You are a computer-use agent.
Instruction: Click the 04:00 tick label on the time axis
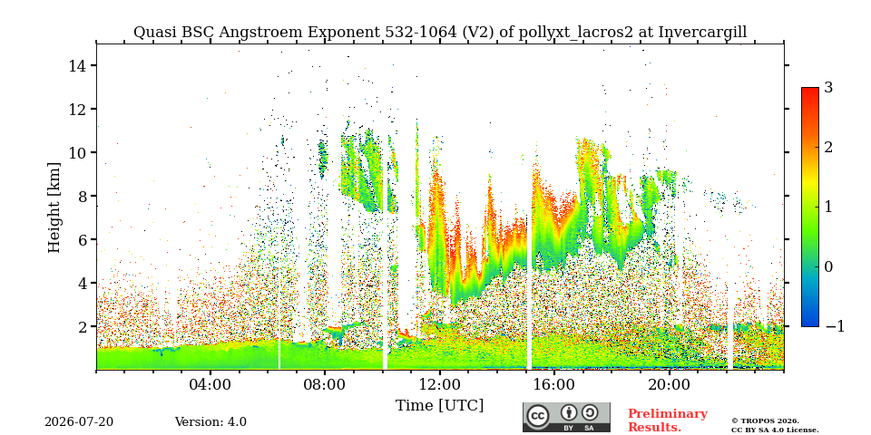point(210,384)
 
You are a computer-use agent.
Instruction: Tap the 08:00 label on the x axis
point(325,384)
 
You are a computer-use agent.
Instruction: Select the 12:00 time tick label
point(439,384)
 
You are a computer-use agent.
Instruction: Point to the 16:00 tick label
point(554,384)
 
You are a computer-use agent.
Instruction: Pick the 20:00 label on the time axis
point(669,384)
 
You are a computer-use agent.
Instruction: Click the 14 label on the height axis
point(78,65)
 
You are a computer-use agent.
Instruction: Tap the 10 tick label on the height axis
point(78,152)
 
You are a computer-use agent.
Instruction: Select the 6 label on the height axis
point(83,239)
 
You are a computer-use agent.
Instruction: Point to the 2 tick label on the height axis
point(83,327)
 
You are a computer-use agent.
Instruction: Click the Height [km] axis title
point(54,208)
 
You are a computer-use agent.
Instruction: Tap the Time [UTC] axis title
point(439,406)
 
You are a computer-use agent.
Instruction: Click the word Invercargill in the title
point(702,33)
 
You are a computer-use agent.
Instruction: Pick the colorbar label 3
point(828,87)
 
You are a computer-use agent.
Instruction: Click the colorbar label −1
point(835,326)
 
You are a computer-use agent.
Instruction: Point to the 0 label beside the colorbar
point(828,266)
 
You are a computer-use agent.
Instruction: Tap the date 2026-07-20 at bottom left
point(79,422)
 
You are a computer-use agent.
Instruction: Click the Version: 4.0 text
point(210,422)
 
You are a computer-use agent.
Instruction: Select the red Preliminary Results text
point(668,420)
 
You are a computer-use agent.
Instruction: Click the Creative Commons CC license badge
point(566,417)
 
